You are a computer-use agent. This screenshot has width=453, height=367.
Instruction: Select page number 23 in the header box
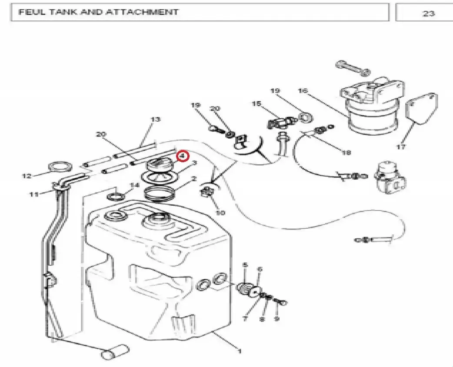(x=429, y=13)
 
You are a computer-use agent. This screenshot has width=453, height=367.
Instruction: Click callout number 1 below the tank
(x=239, y=351)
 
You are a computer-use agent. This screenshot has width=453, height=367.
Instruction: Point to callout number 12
(x=27, y=176)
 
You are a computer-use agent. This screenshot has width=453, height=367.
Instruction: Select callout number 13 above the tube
(x=156, y=119)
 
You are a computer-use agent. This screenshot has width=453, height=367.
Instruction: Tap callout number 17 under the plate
(x=401, y=147)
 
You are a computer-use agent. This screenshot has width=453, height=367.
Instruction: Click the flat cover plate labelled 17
(x=422, y=108)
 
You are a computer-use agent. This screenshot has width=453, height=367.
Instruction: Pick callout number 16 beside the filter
(x=303, y=91)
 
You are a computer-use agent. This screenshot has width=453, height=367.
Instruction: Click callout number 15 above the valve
(x=256, y=103)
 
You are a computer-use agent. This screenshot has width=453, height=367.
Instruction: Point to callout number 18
(x=346, y=152)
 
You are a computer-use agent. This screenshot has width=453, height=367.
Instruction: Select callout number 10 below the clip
(x=220, y=213)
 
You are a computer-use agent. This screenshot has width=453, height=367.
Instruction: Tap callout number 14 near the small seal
(x=135, y=185)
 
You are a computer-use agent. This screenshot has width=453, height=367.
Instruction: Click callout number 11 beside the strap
(x=34, y=194)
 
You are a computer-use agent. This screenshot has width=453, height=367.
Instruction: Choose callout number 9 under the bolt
(x=277, y=319)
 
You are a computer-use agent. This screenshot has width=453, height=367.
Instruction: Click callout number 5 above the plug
(x=245, y=265)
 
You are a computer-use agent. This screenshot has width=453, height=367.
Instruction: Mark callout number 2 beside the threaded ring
(x=193, y=179)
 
